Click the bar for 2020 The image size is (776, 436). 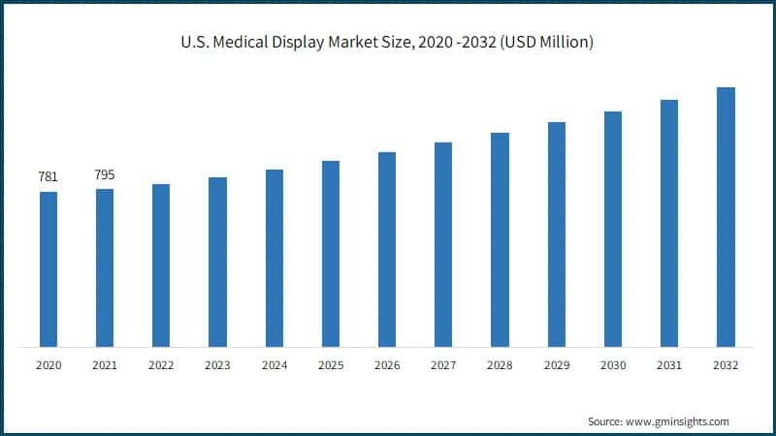pos(48,268)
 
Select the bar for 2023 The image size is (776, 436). pos(217,262)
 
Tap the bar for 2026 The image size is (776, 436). pos(387,249)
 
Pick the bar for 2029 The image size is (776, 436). pos(556,234)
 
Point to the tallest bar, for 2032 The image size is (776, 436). pos(726,216)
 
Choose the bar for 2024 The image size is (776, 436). pos(275,258)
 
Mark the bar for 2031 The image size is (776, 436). pos(669,223)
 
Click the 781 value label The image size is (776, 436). pos(48,176)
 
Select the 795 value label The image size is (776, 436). pos(105,174)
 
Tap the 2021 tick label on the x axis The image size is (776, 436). pos(105,365)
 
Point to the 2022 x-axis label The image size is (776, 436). pos(161,365)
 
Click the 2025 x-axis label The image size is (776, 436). pos(331,365)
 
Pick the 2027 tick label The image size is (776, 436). pos(443,365)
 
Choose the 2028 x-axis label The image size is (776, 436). pos(500,365)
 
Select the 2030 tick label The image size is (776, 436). pos(612,365)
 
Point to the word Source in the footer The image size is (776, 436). pos(605,421)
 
